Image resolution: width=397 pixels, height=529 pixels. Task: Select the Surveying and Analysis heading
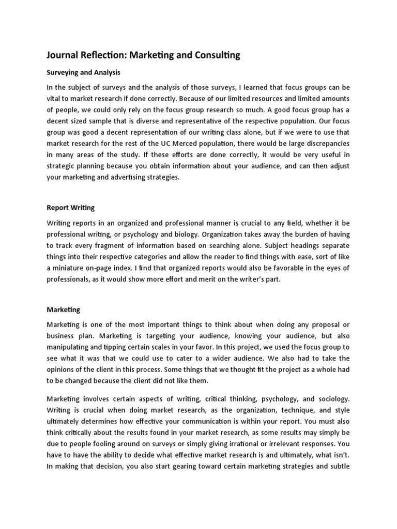click(83, 72)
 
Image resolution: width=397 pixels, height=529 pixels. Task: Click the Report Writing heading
click(70, 208)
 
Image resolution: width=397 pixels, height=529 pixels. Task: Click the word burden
click(307, 234)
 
